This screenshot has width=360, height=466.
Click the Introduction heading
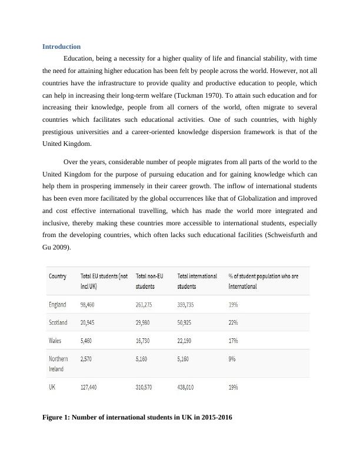(x=62, y=46)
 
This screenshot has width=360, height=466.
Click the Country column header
(x=58, y=276)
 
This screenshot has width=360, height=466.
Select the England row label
(x=58, y=305)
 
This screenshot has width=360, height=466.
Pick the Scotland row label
(x=58, y=322)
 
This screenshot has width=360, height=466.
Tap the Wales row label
(x=55, y=341)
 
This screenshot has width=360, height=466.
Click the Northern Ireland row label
(x=58, y=363)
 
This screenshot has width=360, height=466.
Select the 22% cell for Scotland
(x=233, y=322)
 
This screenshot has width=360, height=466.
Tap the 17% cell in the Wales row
(x=233, y=341)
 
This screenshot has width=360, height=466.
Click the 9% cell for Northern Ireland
(x=232, y=358)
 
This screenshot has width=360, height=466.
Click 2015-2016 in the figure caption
(x=212, y=417)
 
